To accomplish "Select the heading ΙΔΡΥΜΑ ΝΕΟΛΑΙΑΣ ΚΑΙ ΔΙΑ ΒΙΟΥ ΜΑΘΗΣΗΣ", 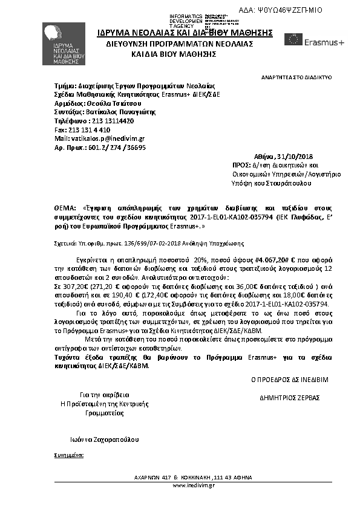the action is (x=177, y=33).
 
